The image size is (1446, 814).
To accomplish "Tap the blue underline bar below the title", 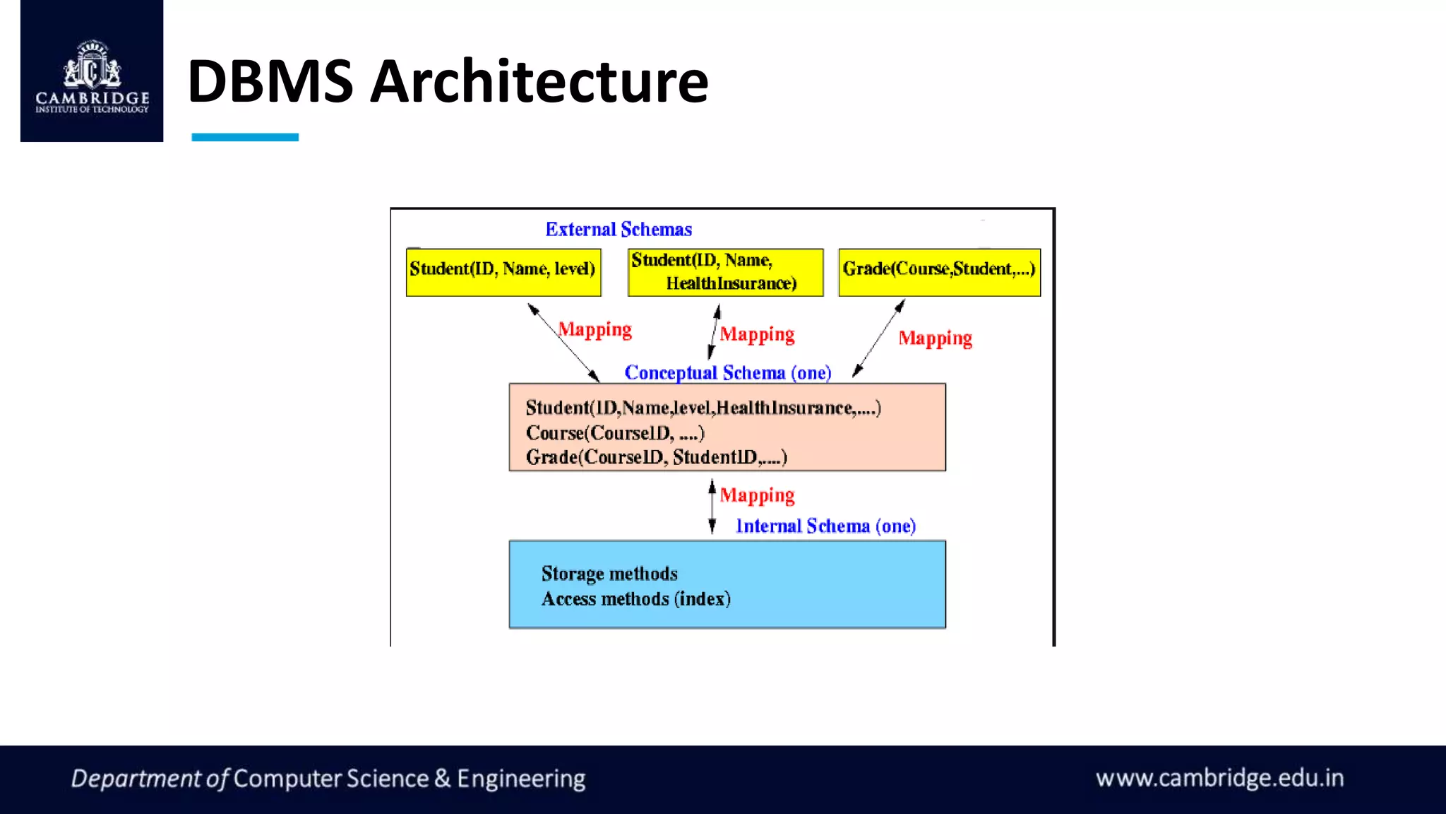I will pos(245,137).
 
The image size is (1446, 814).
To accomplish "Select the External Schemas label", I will pos(619,230).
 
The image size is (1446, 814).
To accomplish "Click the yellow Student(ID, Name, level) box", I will pos(503,272).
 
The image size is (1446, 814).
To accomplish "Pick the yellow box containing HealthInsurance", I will pos(725,272).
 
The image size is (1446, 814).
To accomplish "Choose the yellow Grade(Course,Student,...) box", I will pos(939,272).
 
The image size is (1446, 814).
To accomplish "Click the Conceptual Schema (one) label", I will pos(727,372).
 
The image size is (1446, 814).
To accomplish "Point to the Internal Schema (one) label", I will pos(825,526).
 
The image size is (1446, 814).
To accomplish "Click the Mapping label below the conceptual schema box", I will pos(757,495).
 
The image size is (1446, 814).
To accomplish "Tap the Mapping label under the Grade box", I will pos(935,338).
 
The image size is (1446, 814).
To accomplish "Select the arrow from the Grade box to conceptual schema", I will pos(878,338).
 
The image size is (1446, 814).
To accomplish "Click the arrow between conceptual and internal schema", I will pos(712,507).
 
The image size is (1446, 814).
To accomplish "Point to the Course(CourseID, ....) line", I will pos(615,432).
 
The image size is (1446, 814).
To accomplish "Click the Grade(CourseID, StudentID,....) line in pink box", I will pos(656,457).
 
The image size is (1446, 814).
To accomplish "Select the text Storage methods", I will pos(609,573).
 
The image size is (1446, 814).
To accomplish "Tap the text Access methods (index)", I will pos(635,598).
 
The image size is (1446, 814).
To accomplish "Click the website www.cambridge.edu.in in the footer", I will pos(1219,778).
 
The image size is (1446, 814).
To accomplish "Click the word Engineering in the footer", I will pos(521,779).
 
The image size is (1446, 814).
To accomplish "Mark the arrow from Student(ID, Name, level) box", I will pos(563,343).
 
